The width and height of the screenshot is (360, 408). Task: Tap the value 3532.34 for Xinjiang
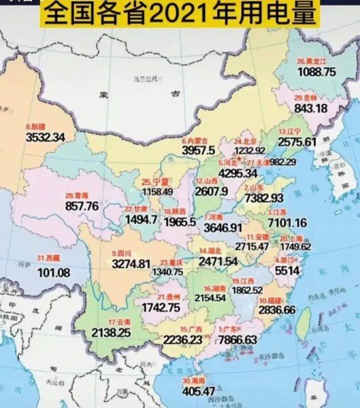[x=45, y=137]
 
